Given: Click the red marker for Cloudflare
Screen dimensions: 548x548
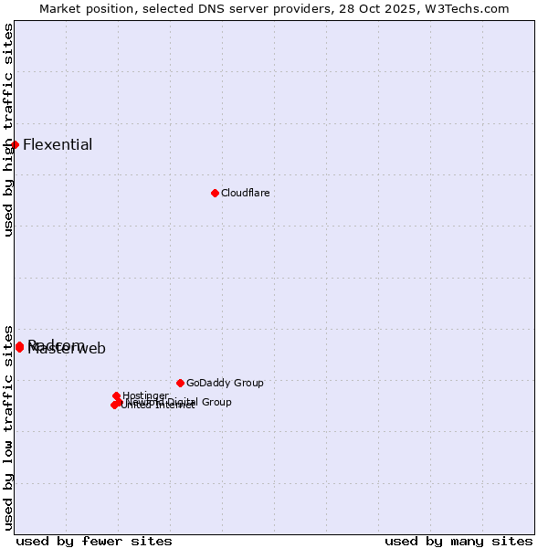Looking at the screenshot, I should (215, 193).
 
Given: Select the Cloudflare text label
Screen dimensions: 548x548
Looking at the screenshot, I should (245, 193).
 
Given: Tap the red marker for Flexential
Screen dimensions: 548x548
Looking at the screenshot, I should (15, 144).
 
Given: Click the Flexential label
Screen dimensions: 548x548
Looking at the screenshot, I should (58, 144).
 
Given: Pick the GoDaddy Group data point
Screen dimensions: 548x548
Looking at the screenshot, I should (180, 383).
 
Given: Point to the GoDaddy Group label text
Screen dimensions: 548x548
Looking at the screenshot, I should (225, 383).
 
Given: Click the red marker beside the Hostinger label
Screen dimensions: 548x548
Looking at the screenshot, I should (116, 395).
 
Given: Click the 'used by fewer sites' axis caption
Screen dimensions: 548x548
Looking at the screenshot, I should (94, 541).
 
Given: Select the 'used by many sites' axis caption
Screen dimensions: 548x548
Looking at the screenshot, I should (458, 541).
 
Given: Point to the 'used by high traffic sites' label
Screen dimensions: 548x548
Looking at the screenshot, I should (8, 131).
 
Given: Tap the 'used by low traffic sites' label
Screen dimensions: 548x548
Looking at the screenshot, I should (8, 427).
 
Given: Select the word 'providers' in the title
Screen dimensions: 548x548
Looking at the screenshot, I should (332, 8).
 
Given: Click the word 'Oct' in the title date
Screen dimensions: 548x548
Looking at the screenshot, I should (378, 8).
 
